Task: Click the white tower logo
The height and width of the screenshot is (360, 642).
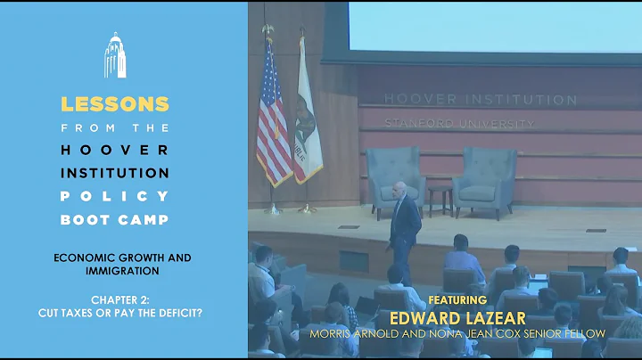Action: (114, 55)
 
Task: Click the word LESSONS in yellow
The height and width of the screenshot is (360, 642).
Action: (114, 103)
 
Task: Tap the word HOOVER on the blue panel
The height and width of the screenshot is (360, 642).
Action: (114, 149)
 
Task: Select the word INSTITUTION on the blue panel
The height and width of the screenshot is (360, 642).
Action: (114, 170)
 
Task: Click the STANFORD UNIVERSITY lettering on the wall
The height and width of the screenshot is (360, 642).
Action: (459, 123)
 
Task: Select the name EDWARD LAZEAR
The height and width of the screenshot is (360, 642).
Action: (457, 317)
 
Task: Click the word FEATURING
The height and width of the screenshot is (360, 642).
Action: (457, 300)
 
